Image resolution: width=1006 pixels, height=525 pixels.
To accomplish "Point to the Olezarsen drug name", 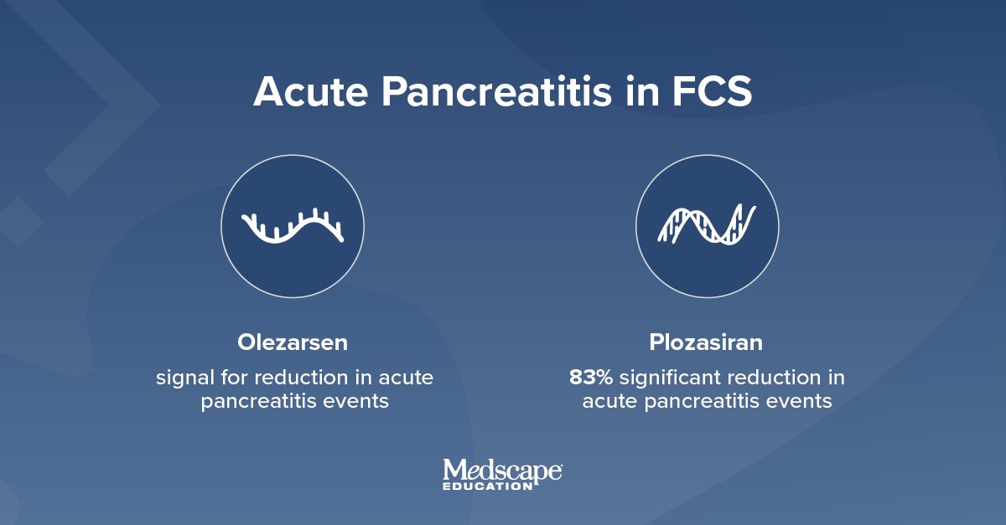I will (x=293, y=343).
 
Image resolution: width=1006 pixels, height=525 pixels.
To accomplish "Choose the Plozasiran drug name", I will (x=707, y=343).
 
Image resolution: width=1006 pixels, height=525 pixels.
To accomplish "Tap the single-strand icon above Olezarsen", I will (x=293, y=226).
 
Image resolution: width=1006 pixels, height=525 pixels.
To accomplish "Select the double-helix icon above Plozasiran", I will (x=707, y=226).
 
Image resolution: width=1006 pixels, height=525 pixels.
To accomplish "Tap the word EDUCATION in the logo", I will (x=485, y=486).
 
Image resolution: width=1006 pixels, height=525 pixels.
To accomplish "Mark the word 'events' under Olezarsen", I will (x=358, y=402).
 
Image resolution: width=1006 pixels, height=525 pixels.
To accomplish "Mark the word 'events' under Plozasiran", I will (x=801, y=402).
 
